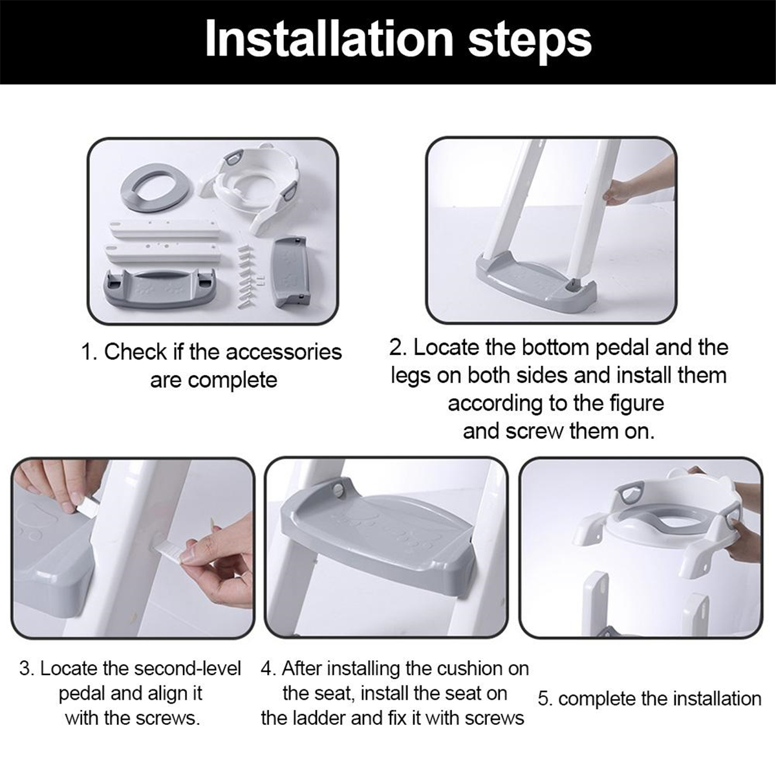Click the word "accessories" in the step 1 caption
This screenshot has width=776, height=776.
(x=283, y=352)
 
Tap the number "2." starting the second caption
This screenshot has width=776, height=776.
(x=398, y=349)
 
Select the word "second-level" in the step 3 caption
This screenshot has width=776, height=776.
(x=188, y=669)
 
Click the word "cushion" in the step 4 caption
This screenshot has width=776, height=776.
(x=469, y=669)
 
